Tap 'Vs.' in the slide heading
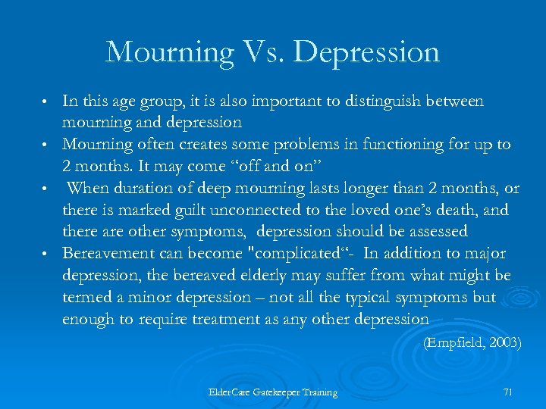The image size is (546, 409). [261, 52]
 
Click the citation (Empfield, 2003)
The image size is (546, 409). [472, 342]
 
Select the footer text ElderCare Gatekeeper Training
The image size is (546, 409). [273, 392]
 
